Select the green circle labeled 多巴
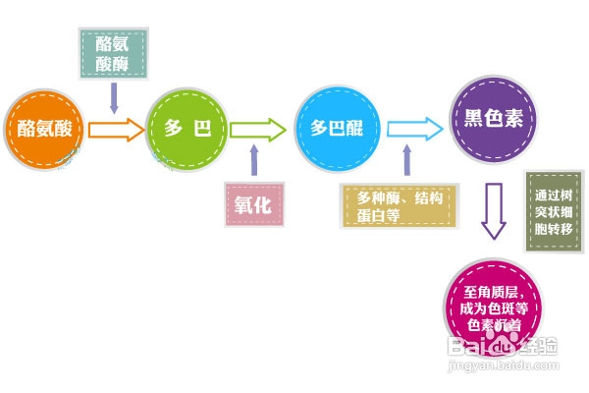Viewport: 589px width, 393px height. [186, 129]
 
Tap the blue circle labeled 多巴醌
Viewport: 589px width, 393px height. [337, 128]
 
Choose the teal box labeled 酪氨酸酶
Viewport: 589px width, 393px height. [113, 55]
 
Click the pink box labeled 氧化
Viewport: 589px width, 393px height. [252, 204]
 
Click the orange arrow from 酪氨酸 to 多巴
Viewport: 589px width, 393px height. [115, 129]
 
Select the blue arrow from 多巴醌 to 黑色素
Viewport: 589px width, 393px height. [413, 128]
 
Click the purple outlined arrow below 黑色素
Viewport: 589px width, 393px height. [493, 213]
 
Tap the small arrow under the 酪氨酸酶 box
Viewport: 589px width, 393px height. [115, 97]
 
